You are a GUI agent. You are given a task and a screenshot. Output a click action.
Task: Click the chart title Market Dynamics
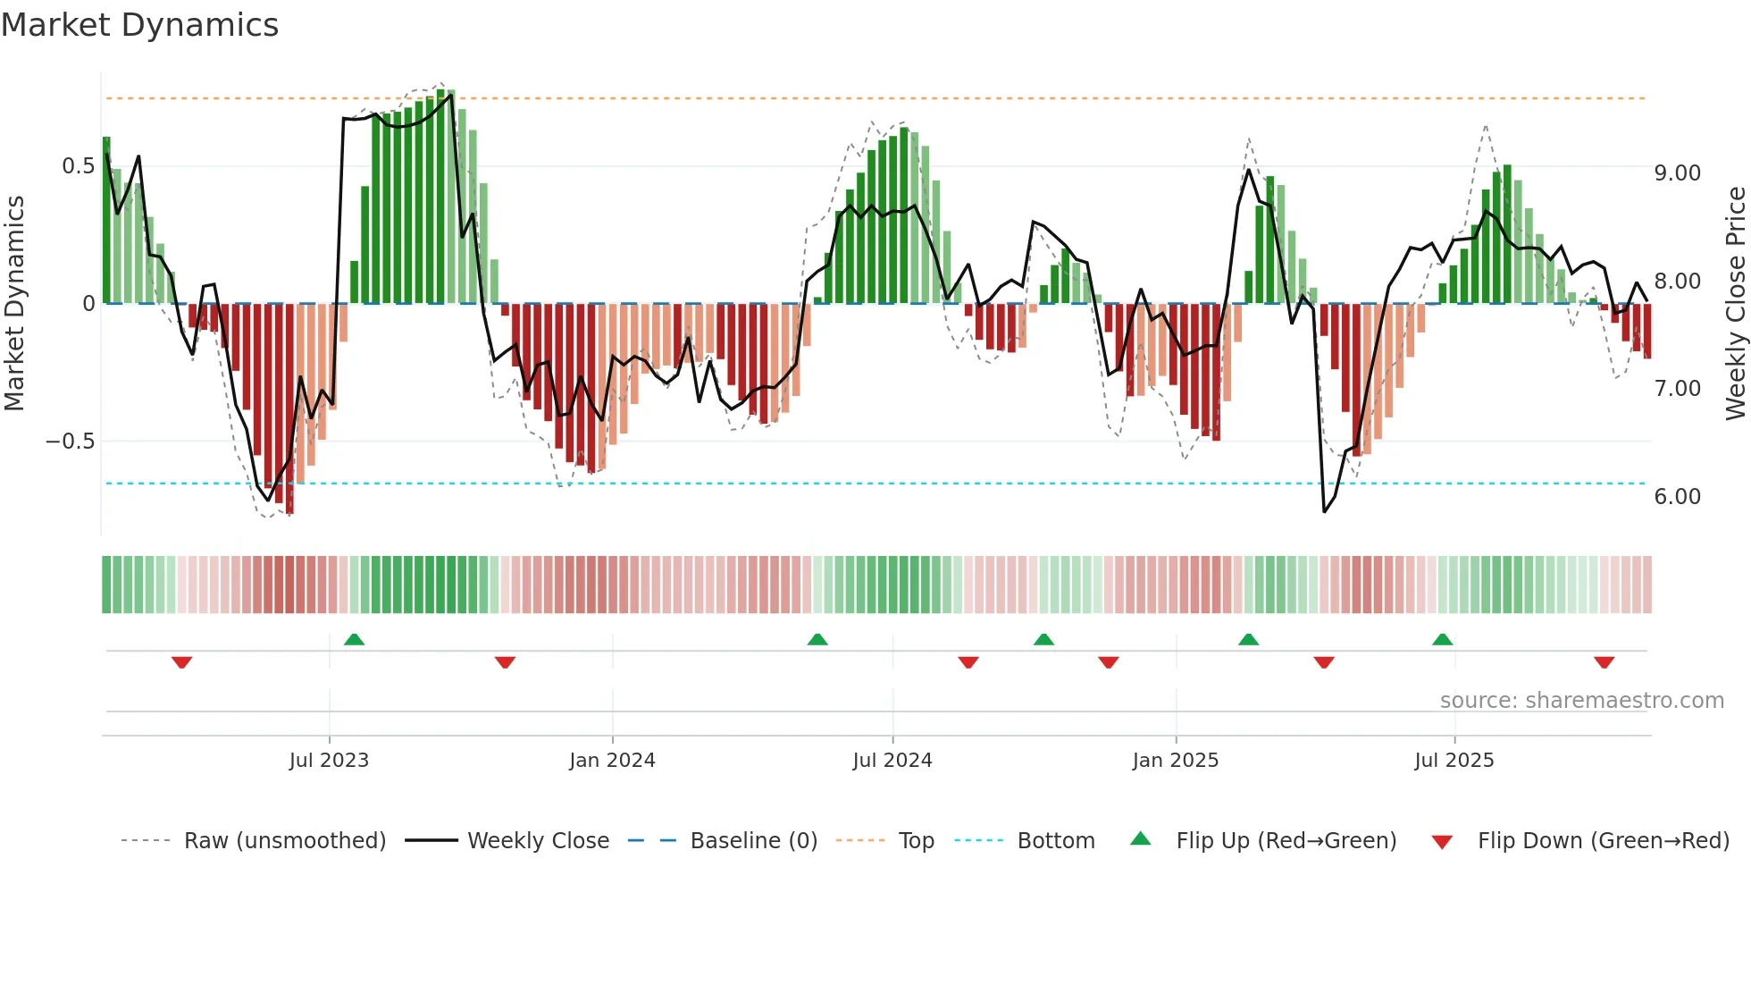tap(139, 25)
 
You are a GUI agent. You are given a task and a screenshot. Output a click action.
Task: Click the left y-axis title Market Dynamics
tap(14, 303)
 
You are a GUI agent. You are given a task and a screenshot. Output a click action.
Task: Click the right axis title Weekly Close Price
tap(1735, 303)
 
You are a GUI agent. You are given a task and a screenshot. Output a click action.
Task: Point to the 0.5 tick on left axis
tap(78, 166)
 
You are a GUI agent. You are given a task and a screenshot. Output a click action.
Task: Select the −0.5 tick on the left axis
tap(70, 442)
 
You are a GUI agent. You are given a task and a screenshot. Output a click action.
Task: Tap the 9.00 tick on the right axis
tap(1677, 173)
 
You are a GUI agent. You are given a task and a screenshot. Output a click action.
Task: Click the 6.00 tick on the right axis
tap(1677, 497)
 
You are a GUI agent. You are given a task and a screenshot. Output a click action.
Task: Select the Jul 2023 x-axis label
tap(329, 761)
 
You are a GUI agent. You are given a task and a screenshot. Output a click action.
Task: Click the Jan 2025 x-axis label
tap(1175, 761)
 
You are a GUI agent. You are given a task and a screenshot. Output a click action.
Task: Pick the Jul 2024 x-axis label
tap(892, 761)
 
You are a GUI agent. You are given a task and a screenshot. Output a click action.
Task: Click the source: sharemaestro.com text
tap(1581, 701)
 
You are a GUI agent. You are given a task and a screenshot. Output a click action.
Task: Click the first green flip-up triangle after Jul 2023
tap(354, 639)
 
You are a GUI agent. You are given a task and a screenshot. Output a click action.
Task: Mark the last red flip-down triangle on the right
tap(1604, 662)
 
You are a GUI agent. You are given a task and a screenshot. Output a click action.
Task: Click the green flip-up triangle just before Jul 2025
tap(1442, 639)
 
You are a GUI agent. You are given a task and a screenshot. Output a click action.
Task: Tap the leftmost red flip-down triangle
tap(181, 662)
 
